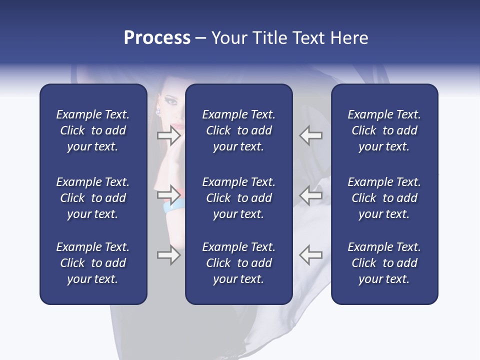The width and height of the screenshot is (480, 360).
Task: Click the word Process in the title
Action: click(x=157, y=38)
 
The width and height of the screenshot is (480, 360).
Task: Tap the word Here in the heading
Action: click(x=349, y=38)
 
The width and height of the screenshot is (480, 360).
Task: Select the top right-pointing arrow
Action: click(x=168, y=135)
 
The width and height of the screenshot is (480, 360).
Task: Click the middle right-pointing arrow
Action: click(x=168, y=194)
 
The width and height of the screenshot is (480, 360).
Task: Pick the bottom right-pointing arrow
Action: click(x=168, y=255)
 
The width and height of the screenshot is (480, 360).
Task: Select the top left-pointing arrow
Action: click(x=310, y=135)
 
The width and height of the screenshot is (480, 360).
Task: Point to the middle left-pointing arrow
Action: click(x=310, y=194)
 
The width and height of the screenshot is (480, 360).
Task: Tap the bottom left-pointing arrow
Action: click(x=310, y=255)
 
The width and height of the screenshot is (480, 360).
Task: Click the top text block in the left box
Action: click(x=93, y=130)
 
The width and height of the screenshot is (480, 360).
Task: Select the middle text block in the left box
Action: click(x=93, y=198)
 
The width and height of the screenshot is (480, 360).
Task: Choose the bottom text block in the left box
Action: click(x=93, y=263)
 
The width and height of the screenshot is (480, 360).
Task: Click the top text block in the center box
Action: click(x=238, y=130)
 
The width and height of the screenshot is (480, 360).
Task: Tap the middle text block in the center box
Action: click(x=238, y=198)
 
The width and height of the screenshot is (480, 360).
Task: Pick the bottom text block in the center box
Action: click(x=238, y=263)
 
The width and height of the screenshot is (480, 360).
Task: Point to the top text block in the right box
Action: click(x=384, y=130)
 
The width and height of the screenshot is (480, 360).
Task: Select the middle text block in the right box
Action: click(x=384, y=198)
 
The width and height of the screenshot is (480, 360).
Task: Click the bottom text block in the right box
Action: click(x=384, y=263)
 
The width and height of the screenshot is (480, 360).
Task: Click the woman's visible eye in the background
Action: click(x=171, y=101)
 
